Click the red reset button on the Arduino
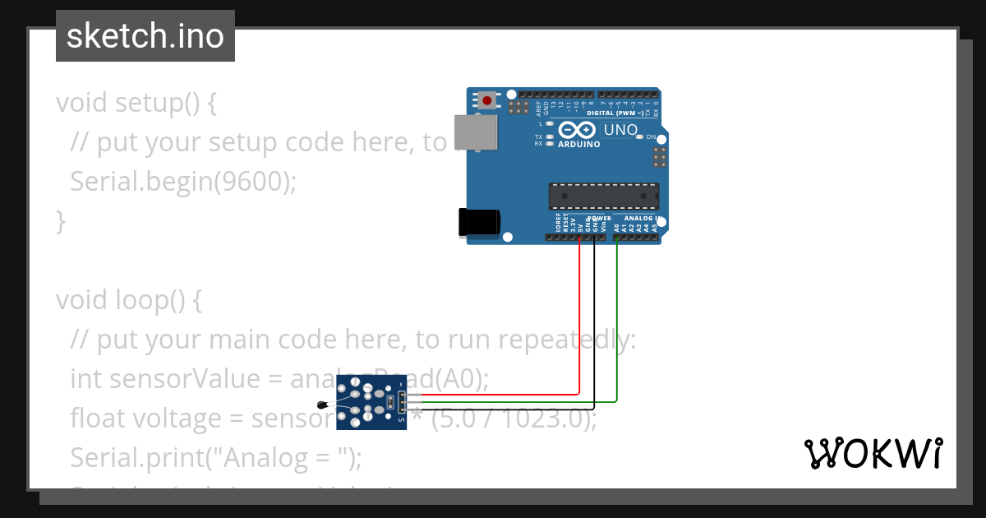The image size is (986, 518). (487, 101)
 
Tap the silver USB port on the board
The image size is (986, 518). (477, 132)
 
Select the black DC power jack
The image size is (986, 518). (479, 223)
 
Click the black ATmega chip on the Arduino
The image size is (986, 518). (604, 196)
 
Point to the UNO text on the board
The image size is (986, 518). (620, 130)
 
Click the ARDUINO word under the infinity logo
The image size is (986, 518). (579, 144)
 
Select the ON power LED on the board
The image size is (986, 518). (642, 136)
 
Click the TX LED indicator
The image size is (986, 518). (549, 136)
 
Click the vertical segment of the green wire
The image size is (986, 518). (617, 321)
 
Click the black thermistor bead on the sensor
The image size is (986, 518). (323, 404)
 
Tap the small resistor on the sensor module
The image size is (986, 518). (388, 403)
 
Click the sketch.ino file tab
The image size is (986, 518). (145, 36)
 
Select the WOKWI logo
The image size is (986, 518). (873, 453)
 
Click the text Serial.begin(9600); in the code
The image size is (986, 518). (182, 181)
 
